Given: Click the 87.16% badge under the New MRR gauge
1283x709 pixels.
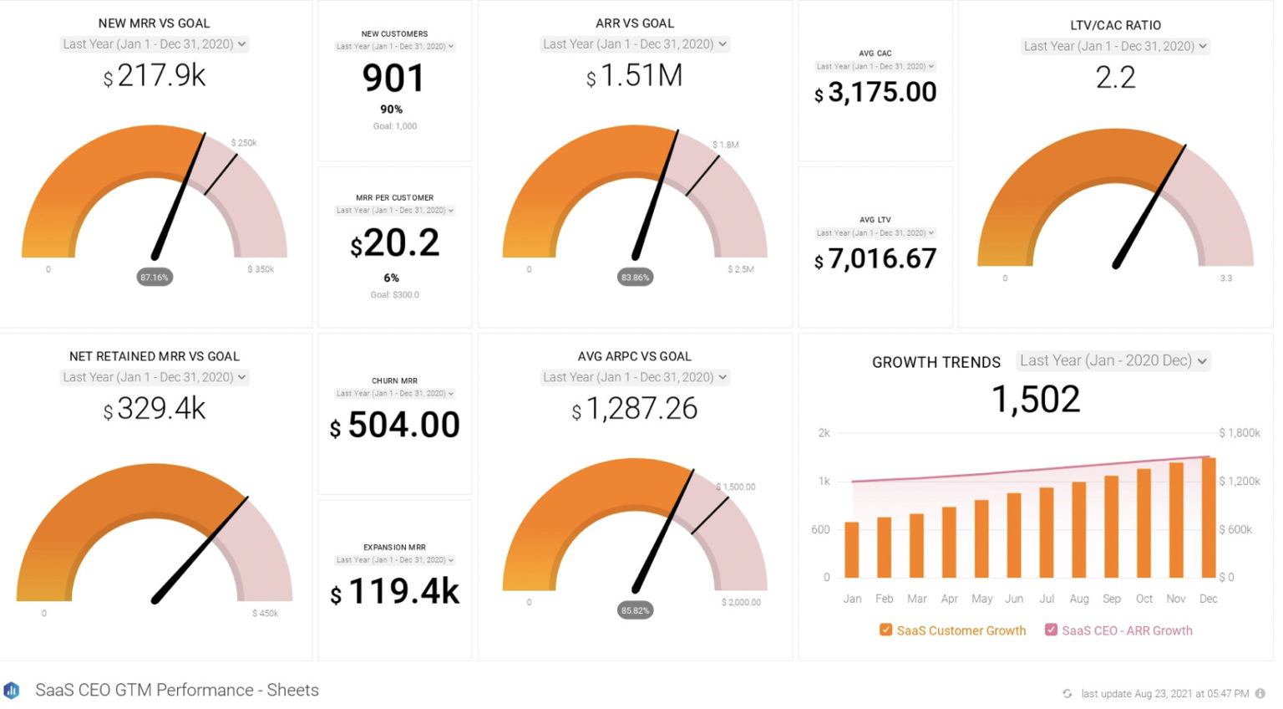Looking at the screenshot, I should (x=155, y=278).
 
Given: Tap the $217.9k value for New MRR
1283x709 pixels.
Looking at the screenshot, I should (x=155, y=76).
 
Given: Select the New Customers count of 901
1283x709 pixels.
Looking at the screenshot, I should (x=393, y=79).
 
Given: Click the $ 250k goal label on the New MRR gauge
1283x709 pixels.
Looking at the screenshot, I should (x=244, y=143).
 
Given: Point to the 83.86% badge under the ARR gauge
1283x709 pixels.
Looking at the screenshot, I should (x=635, y=278).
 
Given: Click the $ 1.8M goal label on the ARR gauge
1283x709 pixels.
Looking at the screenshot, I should (x=725, y=145).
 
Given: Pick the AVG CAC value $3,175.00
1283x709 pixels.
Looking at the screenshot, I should (x=875, y=92).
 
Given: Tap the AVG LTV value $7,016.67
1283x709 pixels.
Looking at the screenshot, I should (x=875, y=259).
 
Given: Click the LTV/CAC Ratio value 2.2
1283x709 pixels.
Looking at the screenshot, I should (x=1115, y=78).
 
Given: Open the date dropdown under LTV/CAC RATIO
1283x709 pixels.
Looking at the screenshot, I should (x=1115, y=47).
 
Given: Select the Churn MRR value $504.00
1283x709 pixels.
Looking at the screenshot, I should (x=394, y=426).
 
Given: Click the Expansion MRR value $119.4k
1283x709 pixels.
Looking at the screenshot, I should (x=394, y=592).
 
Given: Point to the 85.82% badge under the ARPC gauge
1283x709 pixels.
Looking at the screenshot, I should (x=635, y=610).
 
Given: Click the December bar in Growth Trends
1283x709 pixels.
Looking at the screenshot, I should (x=1209, y=518).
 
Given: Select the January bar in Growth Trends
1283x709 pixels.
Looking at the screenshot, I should (x=852, y=550).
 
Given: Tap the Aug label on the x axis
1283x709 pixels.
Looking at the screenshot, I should (x=1079, y=599).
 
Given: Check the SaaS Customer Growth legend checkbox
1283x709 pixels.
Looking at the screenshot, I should (x=885, y=630).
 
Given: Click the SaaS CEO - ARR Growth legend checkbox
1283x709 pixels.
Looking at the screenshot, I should (x=1051, y=630).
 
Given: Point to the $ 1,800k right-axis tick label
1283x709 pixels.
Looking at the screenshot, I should (x=1240, y=433).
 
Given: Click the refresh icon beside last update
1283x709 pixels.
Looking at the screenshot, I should (x=1067, y=693).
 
